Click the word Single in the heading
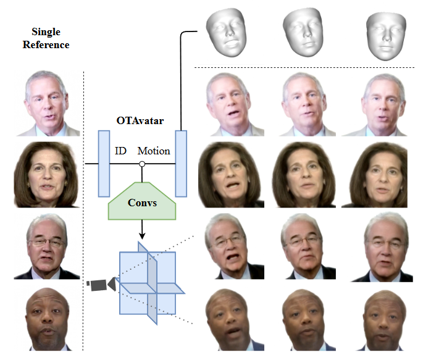tap(46, 32)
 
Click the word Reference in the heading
tap(46, 44)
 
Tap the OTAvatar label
tap(140, 121)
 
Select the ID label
tap(120, 151)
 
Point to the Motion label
tap(154, 151)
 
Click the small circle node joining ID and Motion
tap(142, 164)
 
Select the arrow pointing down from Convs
tap(142, 230)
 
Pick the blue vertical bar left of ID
tap(104, 164)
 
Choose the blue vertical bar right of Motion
tap(181, 164)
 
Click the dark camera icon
tap(101, 285)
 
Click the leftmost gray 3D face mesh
tap(226, 32)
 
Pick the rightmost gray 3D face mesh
tap(386, 36)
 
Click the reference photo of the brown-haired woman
tap(47, 175)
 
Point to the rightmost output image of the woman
tap(374, 175)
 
